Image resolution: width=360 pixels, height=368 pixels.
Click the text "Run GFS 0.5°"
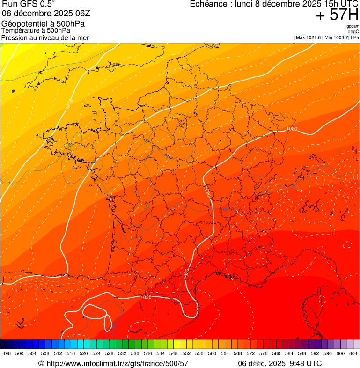pos(29,4)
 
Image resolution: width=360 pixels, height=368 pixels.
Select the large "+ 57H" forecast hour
pos(337,15)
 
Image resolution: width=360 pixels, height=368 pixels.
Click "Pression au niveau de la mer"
pos(45,37)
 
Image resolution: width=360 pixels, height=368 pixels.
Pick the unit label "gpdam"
pos(353,26)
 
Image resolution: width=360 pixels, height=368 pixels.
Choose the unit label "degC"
pos(353,31)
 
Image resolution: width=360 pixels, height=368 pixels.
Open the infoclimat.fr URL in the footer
pos(117,363)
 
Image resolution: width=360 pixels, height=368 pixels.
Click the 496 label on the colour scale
pos(7,353)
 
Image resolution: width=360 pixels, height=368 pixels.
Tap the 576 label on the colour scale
pos(264,353)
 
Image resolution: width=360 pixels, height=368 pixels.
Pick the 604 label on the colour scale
pos(353,353)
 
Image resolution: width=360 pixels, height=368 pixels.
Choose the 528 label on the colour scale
pos(109,353)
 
